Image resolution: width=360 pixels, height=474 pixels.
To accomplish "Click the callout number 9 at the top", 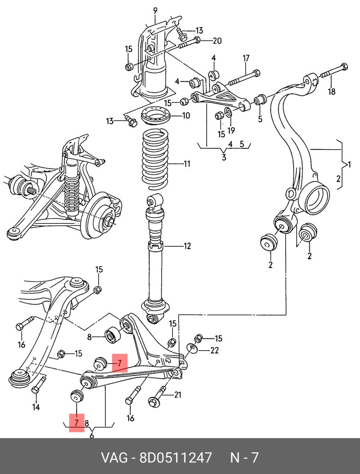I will pos(155,11).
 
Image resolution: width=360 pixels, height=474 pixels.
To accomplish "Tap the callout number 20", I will pos(217,41).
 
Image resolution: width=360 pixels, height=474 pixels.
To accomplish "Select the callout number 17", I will pos(246,58).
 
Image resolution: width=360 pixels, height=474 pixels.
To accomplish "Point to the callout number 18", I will pos(331,91).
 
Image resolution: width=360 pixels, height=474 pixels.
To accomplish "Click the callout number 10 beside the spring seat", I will pos(186,115).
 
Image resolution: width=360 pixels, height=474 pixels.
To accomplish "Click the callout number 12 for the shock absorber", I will pos(186,246).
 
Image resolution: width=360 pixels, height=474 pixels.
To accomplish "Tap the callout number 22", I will pos(214,350).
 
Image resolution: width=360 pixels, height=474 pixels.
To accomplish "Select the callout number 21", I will pos(178,395).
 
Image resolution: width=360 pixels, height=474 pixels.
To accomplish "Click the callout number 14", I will pos(36,407).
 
